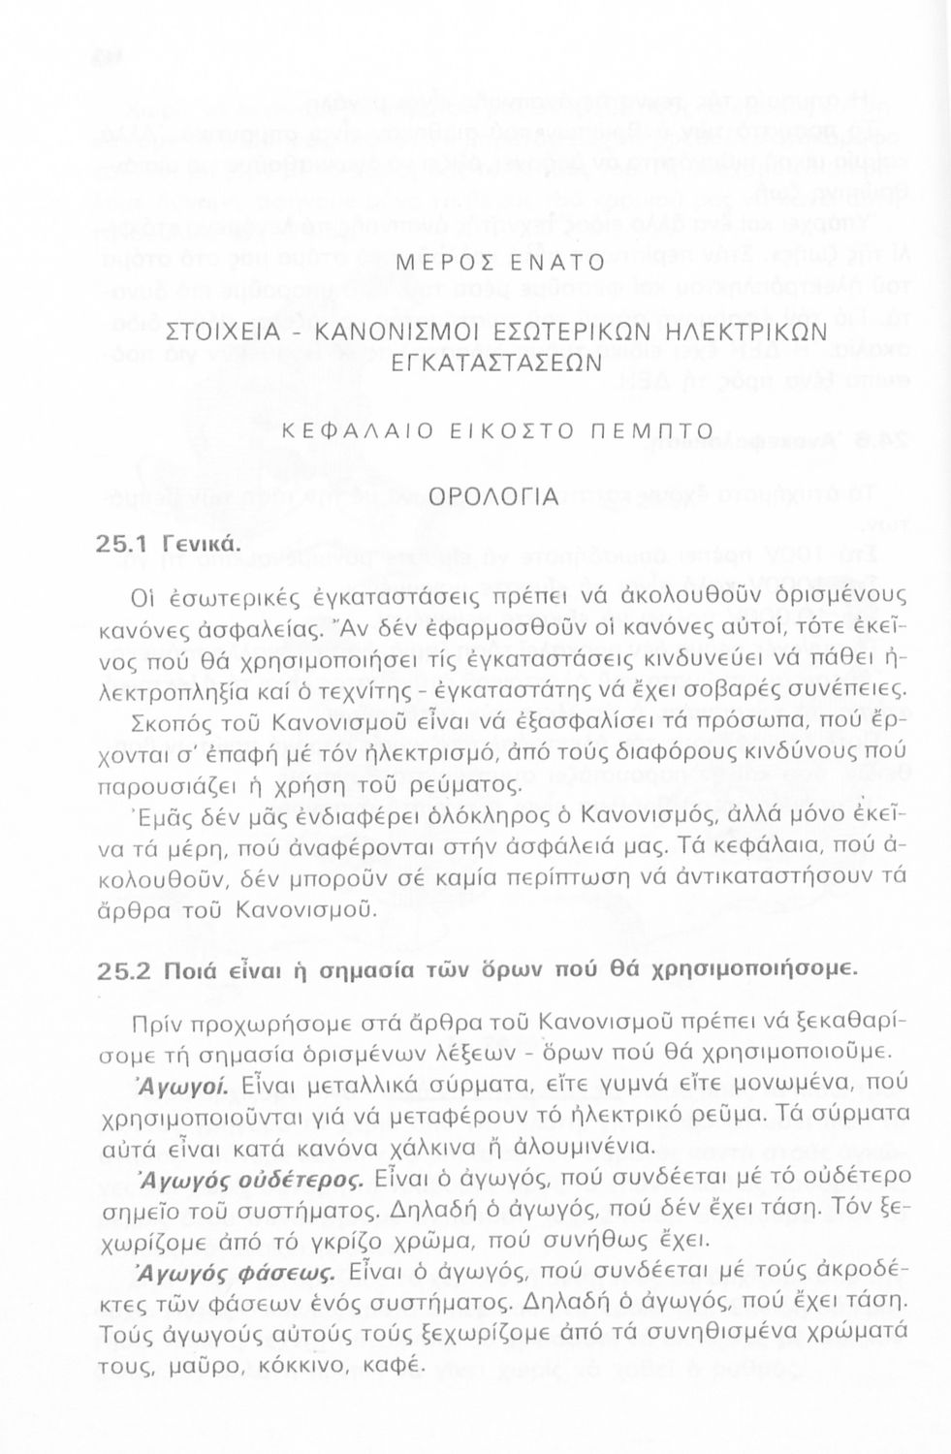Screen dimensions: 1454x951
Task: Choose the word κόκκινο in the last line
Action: pos(306,1365)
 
